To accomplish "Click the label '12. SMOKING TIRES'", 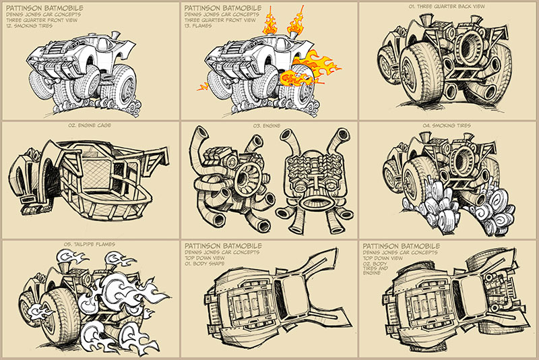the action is [x=29, y=26].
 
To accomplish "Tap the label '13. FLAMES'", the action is [x=197, y=26].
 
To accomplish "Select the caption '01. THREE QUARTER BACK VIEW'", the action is [x=447, y=6].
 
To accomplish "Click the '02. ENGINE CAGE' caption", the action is [x=90, y=125].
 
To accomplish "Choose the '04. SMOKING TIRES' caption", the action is [x=447, y=126].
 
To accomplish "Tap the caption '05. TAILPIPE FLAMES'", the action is [x=90, y=244].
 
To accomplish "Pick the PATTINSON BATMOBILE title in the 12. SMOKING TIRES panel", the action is [x=44, y=8].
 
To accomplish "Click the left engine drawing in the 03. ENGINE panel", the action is [x=230, y=179].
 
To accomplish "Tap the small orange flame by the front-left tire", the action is [x=203, y=88].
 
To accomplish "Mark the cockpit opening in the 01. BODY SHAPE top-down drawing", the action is [x=293, y=296].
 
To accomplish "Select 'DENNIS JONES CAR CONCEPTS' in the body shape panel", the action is [x=222, y=252].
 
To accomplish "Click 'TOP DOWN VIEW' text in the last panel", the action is [x=383, y=258].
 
